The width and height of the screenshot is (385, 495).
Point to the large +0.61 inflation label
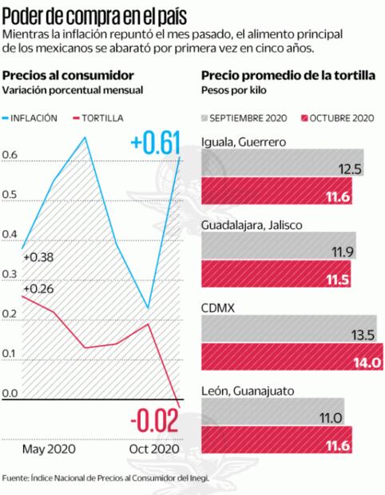point(155,143)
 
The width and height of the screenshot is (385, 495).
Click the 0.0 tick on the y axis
point(10,394)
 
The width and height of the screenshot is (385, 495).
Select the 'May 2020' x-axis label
point(49,449)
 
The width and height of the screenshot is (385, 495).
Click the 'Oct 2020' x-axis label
point(155,449)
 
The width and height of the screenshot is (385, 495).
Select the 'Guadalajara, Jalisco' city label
point(252,226)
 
